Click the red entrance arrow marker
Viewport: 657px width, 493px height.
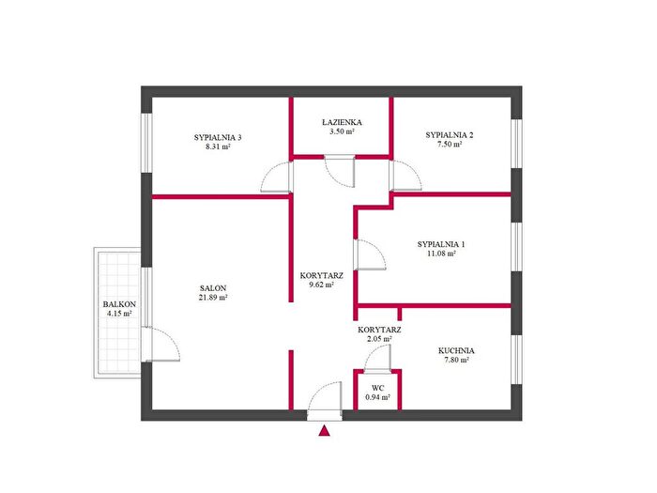tap(324, 431)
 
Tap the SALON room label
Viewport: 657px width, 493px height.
tap(213, 288)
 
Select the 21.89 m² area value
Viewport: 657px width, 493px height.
tap(213, 298)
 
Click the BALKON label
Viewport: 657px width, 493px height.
tap(119, 304)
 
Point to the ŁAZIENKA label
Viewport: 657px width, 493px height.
tap(342, 122)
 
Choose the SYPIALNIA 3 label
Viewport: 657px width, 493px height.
tap(218, 137)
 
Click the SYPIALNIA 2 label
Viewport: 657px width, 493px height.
tap(450, 135)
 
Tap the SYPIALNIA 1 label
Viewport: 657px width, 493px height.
tap(441, 244)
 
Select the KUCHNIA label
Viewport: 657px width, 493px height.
tap(456, 351)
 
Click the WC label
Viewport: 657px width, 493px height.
tap(377, 388)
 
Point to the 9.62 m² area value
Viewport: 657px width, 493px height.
tap(321, 285)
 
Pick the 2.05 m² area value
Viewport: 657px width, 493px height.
tap(379, 339)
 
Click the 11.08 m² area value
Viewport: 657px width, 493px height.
tap(441, 254)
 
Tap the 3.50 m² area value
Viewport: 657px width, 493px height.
tap(342, 131)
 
